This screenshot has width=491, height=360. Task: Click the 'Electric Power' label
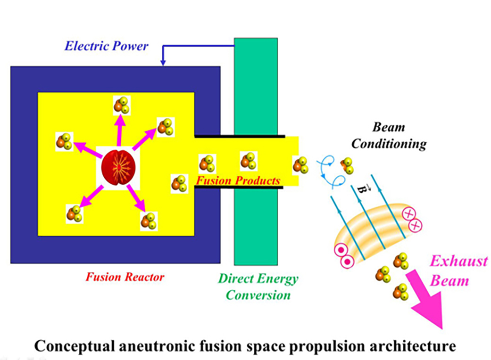coord(106,46)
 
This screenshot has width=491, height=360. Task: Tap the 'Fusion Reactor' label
coord(125,277)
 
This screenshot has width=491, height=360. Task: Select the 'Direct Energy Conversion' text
coord(258,286)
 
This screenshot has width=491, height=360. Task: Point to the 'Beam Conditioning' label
coord(389,135)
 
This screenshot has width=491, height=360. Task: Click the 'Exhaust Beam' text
coord(459,270)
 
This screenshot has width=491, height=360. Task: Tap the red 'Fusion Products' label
coord(238,180)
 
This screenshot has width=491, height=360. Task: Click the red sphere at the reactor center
coord(118,168)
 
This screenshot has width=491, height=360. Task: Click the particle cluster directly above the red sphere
coord(122,106)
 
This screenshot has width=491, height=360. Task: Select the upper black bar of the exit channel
coord(240,136)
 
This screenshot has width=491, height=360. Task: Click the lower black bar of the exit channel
coord(239,188)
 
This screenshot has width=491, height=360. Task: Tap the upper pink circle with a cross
coord(408,214)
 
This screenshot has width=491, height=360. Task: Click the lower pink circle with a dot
coord(348,262)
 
